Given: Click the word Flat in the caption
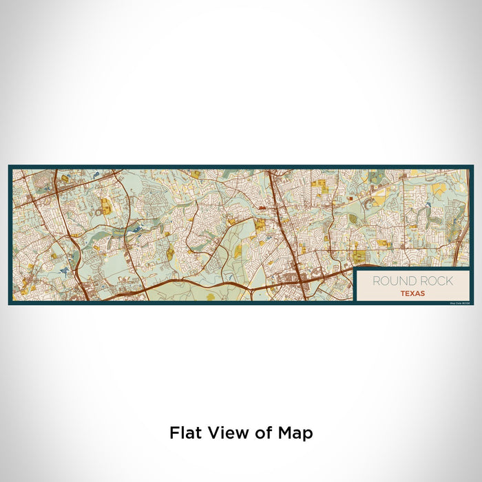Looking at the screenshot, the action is click(x=184, y=432).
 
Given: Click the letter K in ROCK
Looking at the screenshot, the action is click(x=449, y=281).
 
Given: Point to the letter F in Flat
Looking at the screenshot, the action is click(x=174, y=432).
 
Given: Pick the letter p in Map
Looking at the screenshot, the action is click(x=307, y=435).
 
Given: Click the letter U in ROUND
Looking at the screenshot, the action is click(x=396, y=281).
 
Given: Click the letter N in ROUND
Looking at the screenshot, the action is click(x=405, y=281).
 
